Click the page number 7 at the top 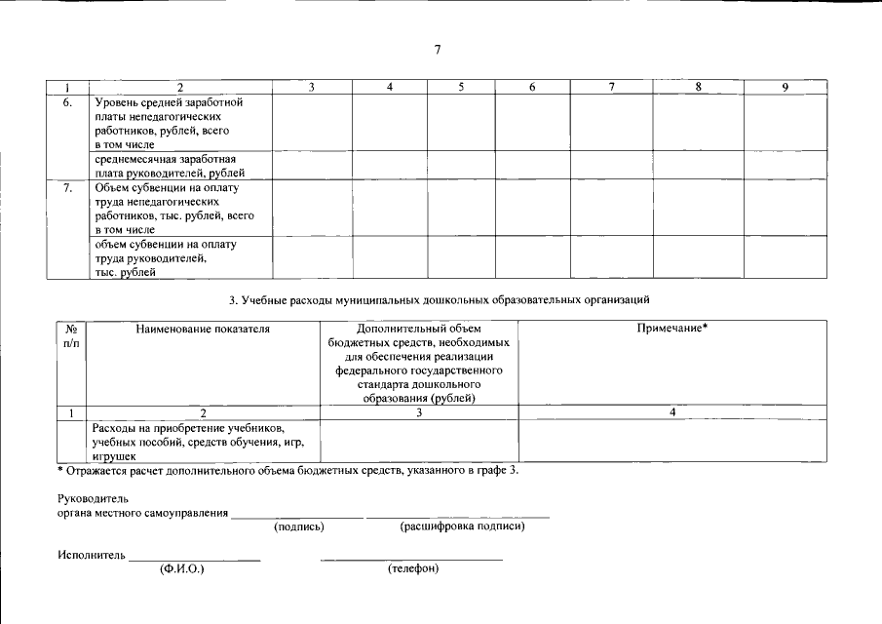point(439,49)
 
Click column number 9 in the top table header point(785,88)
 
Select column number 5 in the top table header point(461,88)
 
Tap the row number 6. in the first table point(68,101)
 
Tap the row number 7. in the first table point(68,187)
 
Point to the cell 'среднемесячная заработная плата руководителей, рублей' point(167,165)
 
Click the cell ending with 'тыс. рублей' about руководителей point(167,258)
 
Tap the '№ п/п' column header point(70,335)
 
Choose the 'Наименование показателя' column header point(203,330)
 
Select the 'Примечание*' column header point(671,330)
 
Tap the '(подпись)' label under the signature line point(299,526)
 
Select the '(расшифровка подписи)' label point(462,526)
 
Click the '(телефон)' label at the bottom point(412,568)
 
